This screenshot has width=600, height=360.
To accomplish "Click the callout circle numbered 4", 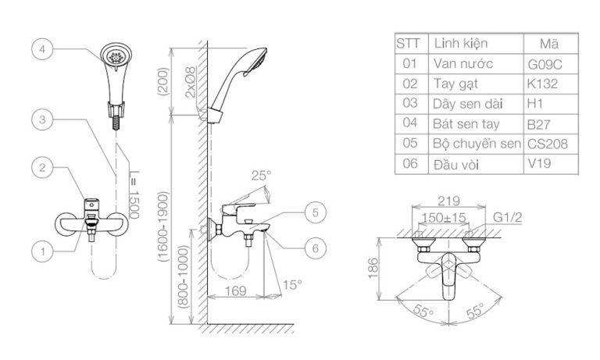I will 42,48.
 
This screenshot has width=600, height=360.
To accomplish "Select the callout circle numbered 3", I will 42,120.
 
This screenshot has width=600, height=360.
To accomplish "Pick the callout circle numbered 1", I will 42,251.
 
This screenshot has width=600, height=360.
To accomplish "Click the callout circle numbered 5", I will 313,211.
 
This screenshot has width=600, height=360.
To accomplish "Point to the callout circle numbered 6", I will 313,248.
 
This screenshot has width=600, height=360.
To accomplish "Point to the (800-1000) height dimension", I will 182,276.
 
